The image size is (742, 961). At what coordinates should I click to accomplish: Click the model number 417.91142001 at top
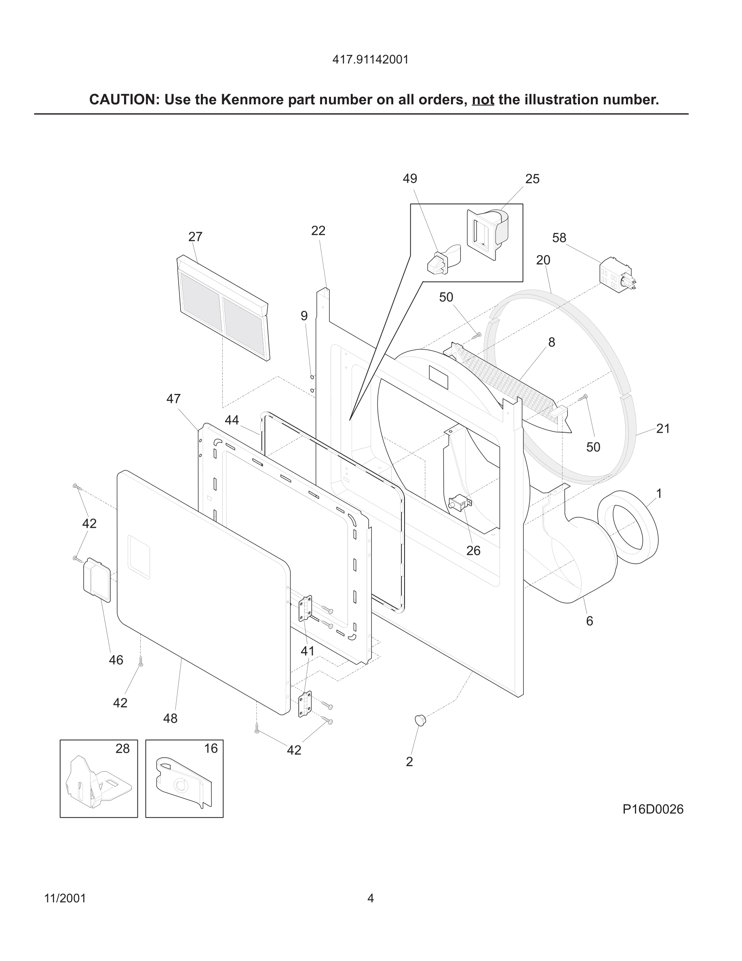370,60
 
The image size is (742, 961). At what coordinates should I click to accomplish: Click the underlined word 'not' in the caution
483,100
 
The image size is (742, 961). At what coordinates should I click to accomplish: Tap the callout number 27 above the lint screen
195,237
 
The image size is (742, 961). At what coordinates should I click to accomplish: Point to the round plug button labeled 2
421,720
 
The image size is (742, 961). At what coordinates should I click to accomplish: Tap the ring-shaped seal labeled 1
628,527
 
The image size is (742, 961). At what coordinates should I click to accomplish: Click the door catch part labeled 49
442,261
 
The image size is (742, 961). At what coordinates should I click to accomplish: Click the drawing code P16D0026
653,809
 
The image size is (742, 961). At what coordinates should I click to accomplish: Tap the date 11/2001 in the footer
65,898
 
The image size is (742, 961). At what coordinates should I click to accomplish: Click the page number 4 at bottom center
371,898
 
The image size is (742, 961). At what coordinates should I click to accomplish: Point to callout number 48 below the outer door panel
170,719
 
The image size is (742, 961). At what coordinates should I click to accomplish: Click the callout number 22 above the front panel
318,231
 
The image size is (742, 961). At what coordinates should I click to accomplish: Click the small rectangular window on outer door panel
139,557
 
